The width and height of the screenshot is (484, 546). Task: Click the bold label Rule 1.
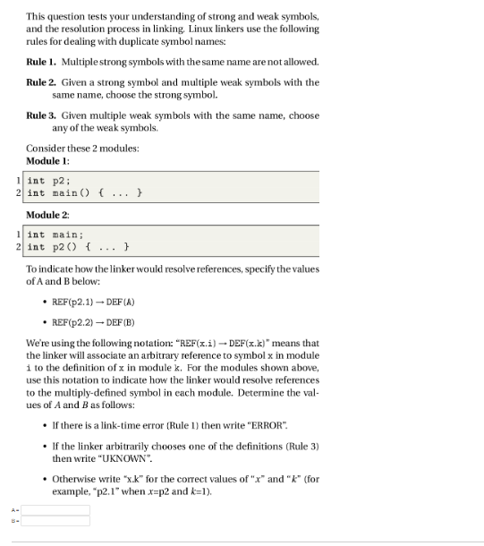tap(40, 62)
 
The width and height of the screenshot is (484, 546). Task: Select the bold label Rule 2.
tap(40, 81)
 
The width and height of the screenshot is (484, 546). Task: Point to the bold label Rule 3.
tap(40, 115)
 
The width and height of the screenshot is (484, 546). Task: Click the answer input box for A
tap(55, 509)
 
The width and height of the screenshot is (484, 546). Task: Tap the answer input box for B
tap(55, 520)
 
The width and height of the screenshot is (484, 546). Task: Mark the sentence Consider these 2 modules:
tap(82, 148)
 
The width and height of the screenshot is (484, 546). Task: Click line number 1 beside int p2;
tap(18, 181)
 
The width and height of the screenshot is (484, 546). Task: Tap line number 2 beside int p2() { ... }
tap(18, 246)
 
